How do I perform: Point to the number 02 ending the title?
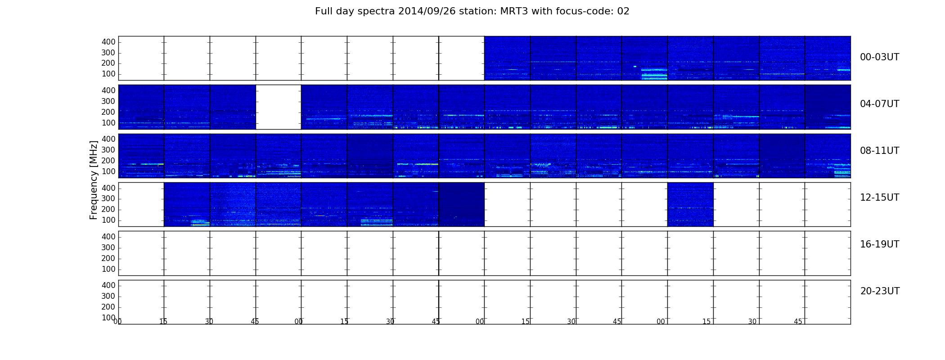(x=623, y=11)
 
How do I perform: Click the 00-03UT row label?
(x=880, y=57)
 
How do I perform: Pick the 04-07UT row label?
(x=880, y=104)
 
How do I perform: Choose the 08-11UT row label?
(x=880, y=151)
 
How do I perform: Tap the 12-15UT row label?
(x=880, y=198)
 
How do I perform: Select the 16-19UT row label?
(x=880, y=244)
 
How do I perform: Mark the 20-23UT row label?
(x=880, y=291)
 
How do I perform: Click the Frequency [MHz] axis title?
(x=94, y=180)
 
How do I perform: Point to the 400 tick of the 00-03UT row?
(x=108, y=42)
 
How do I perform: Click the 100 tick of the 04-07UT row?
(x=108, y=123)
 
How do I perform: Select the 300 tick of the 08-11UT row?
(x=108, y=150)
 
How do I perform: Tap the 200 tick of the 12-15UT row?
(x=108, y=209)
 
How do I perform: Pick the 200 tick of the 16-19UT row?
(x=108, y=258)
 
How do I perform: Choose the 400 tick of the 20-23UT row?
(x=108, y=285)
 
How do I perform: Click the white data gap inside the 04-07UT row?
(x=279, y=107)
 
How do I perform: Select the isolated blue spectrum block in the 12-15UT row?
(x=690, y=204)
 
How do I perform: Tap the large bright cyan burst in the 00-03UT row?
(x=654, y=74)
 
